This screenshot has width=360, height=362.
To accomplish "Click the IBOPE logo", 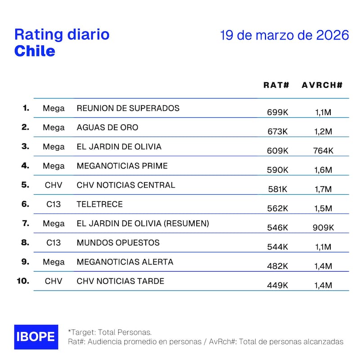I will (x=36, y=337).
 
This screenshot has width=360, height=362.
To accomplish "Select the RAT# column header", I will (x=276, y=85).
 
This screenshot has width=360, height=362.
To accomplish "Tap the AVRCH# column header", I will (x=322, y=85).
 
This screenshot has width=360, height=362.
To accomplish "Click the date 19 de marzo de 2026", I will (x=284, y=36).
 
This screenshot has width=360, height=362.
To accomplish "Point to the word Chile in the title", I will (x=35, y=51).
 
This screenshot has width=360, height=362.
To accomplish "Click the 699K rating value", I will (x=277, y=112).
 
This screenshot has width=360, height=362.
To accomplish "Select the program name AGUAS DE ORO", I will (x=108, y=127).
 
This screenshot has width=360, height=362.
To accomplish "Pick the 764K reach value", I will (x=323, y=151).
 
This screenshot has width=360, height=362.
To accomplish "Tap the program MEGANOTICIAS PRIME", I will (x=122, y=166).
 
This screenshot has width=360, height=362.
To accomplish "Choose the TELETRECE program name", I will (x=99, y=205).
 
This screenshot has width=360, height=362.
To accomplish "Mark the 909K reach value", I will (x=323, y=228).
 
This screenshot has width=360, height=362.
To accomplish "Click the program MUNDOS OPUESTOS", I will (x=118, y=243).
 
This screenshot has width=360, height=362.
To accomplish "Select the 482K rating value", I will (x=277, y=266).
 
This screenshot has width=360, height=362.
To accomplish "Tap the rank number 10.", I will (x=22, y=281).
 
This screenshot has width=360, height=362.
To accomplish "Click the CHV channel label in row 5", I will (x=54, y=185).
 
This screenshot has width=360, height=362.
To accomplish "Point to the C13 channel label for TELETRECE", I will (x=54, y=205).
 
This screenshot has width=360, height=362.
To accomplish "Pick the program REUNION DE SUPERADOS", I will (x=128, y=108).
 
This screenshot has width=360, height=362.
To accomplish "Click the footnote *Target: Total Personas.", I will (x=110, y=332).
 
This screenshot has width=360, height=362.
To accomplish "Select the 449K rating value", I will (x=277, y=286).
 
